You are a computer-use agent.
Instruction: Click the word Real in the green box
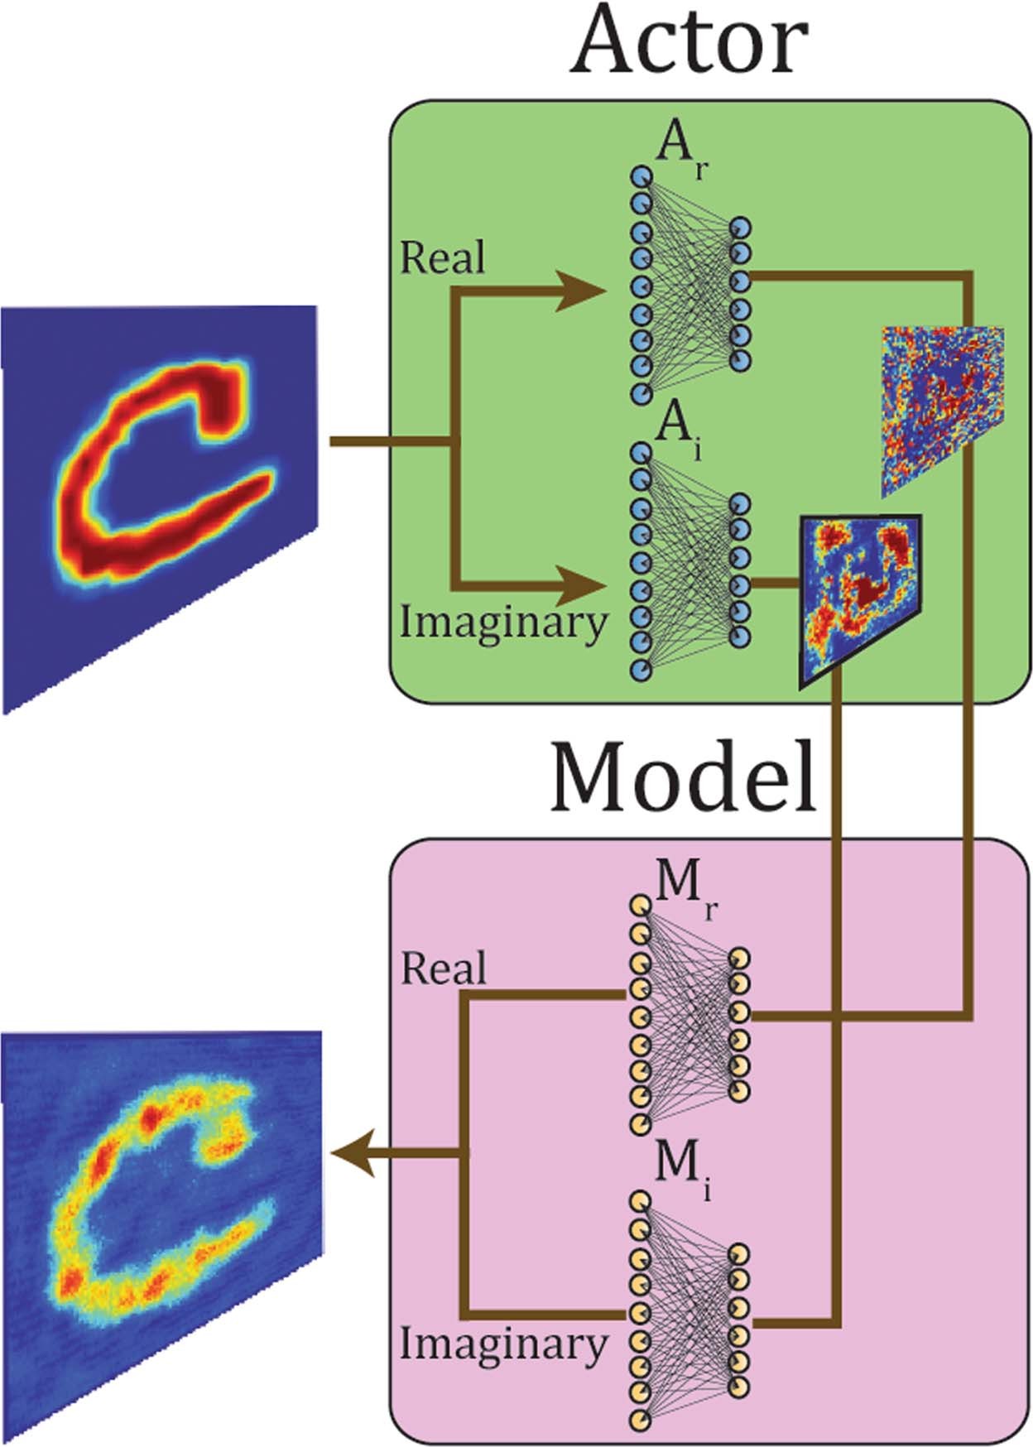tap(442, 258)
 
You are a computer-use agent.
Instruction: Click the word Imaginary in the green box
tap(503, 623)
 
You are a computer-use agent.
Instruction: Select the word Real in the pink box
tap(444, 969)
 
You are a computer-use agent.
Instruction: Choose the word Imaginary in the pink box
tap(503, 1344)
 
